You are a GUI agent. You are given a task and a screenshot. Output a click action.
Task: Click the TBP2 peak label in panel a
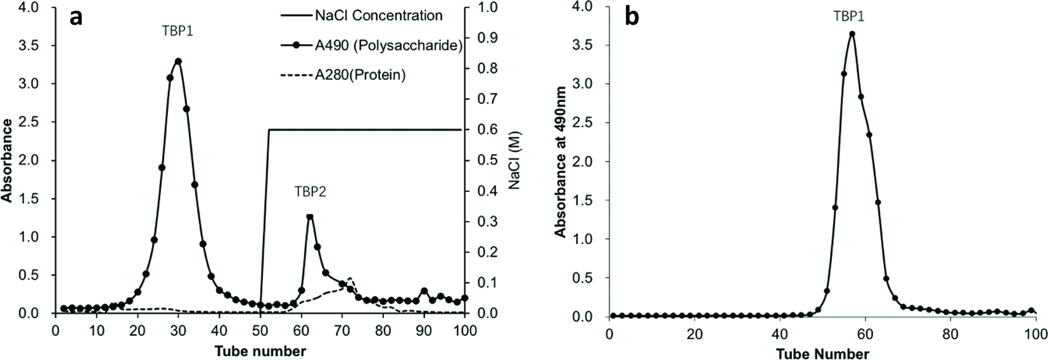point(310,191)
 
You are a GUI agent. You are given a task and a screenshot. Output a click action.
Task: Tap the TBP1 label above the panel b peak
point(848,18)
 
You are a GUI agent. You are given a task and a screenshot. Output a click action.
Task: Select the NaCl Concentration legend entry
point(378,16)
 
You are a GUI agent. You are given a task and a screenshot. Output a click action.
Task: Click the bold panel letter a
point(77,17)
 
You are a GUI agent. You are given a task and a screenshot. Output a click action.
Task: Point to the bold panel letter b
point(632,17)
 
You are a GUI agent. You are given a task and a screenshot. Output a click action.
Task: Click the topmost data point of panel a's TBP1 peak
point(178,61)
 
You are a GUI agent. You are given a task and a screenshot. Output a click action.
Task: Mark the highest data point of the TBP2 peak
point(309,217)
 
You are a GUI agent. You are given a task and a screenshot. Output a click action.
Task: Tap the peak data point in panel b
point(852,34)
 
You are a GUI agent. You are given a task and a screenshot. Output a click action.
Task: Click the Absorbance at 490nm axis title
point(561,162)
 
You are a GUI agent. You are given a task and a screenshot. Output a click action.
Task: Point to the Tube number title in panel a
point(260,350)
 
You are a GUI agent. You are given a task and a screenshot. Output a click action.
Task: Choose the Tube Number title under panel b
point(822,353)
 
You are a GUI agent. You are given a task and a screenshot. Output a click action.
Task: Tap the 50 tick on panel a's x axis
point(260,330)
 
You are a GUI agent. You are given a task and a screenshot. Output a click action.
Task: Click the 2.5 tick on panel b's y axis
point(582,123)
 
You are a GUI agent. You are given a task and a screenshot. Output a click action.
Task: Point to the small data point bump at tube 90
point(424,292)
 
